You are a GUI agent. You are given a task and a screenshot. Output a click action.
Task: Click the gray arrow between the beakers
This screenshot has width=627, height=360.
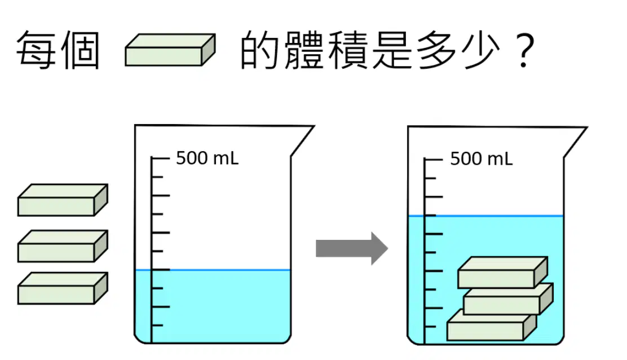click(352, 248)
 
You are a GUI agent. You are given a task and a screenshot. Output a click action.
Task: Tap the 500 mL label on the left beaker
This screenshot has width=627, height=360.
click(207, 158)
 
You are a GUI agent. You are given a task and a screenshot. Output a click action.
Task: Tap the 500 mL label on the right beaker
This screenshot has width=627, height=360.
click(481, 159)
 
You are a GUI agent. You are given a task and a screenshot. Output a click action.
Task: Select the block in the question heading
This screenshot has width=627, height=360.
click(170, 50)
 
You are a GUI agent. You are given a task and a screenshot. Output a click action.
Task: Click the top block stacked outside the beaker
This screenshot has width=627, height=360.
click(63, 200)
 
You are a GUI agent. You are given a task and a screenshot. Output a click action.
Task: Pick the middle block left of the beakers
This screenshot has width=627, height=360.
click(63, 246)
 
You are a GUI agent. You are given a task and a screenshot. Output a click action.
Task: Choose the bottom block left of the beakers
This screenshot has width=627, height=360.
click(63, 288)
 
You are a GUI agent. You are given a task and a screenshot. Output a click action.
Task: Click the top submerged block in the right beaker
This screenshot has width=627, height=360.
click(502, 273)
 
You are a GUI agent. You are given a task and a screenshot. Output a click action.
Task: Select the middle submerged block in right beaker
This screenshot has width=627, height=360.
click(508, 298)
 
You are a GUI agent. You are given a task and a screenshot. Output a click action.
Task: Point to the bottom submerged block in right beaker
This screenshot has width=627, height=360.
click(492, 325)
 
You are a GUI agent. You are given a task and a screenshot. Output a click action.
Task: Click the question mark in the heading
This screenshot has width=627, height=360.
click(525, 50)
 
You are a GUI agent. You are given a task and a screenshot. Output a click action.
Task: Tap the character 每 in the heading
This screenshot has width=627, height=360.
click(36, 50)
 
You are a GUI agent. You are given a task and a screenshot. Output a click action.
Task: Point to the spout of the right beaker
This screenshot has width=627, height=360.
click(576, 142)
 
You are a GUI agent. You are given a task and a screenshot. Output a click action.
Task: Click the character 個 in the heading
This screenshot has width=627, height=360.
click(80, 50)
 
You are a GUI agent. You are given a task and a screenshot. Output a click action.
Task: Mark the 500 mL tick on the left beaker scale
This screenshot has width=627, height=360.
click(160, 159)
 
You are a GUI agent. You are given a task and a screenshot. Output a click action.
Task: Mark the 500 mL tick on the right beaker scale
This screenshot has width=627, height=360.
click(433, 159)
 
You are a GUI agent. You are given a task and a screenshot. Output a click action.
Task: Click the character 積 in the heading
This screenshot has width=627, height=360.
click(348, 50)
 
